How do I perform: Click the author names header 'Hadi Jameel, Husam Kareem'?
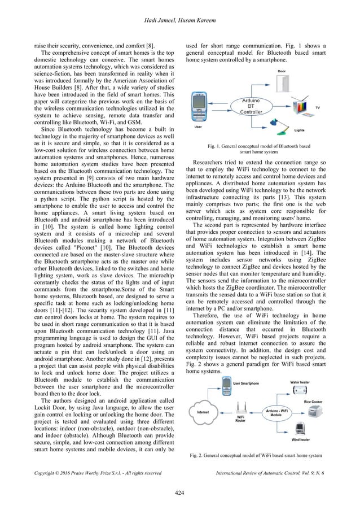pos(179,7)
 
